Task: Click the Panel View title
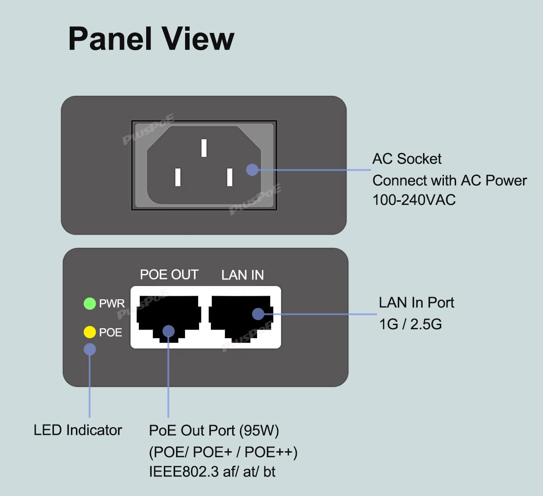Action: click(x=151, y=39)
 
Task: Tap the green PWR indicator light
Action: click(x=90, y=303)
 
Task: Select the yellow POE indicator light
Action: click(x=90, y=332)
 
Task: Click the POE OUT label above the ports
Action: click(x=169, y=275)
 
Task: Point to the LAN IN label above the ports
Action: click(x=243, y=275)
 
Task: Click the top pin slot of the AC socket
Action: click(x=204, y=148)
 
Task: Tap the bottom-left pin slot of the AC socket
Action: click(x=178, y=177)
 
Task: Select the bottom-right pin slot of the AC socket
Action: click(x=230, y=177)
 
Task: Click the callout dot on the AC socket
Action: click(x=252, y=170)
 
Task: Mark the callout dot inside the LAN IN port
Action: click(x=258, y=314)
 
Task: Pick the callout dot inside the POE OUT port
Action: click(x=168, y=331)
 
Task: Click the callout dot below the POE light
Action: click(x=90, y=349)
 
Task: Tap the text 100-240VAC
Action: click(x=414, y=200)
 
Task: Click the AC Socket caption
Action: click(x=407, y=159)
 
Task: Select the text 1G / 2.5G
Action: click(x=410, y=324)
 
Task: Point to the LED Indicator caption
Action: click(x=78, y=430)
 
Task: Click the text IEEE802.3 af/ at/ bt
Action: click(x=212, y=472)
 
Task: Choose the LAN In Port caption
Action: click(x=416, y=302)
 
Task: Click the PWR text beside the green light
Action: click(x=112, y=303)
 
